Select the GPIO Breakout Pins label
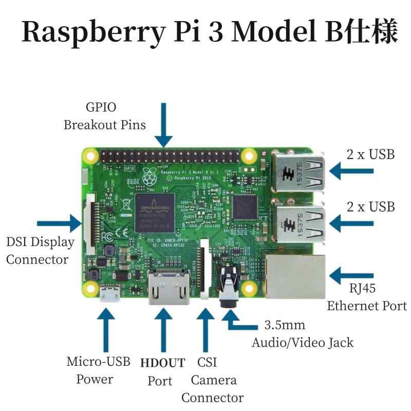[x=104, y=116]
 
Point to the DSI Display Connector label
[x=40, y=250]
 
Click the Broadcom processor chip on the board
[x=155, y=213]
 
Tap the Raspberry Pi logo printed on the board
[x=150, y=178]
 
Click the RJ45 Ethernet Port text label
[x=366, y=297]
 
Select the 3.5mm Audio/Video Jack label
[x=302, y=334]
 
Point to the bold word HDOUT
[x=162, y=363]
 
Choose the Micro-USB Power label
[x=98, y=370]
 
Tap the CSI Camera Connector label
[x=212, y=380]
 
